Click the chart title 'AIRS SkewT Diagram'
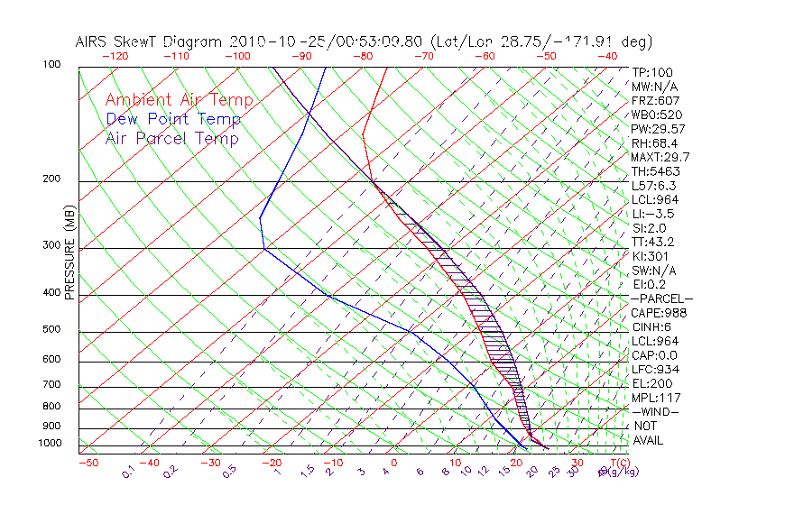pos(151,42)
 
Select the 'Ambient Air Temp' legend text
pos(179,100)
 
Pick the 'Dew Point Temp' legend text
pos(172,119)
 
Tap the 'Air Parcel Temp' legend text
pos(171,138)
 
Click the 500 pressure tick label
pos(52,330)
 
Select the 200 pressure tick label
pos(52,179)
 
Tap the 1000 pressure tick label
pos(50,444)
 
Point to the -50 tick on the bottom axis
pos(88,463)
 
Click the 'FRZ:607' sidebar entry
pos(656,100)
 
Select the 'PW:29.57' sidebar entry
pos(658,129)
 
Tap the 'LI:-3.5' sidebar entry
pos(652,214)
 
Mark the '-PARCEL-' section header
pos(661,298)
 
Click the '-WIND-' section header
pos(655,412)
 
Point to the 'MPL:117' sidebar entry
pos(655,398)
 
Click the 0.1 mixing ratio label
pos(127,472)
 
